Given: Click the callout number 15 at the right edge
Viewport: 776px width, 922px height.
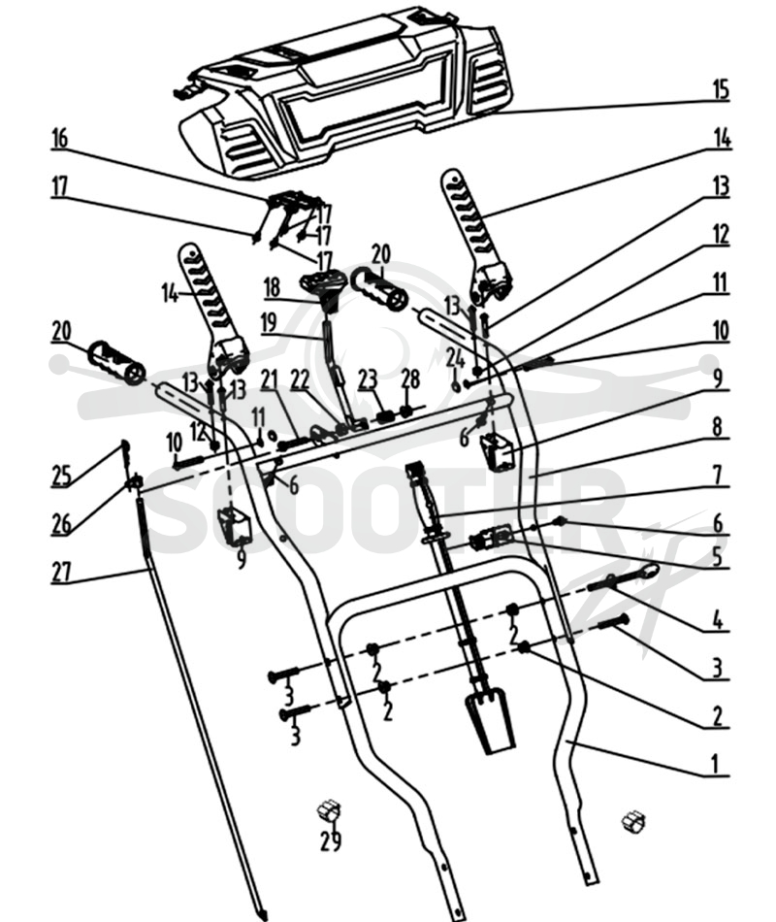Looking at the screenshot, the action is point(721,90).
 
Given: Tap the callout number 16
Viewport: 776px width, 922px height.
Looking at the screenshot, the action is point(60,139).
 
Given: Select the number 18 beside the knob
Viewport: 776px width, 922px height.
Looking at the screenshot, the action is point(272,288).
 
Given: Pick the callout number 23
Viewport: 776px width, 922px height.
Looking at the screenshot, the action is point(368,379).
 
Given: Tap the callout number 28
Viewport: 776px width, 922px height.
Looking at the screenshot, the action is point(410,379).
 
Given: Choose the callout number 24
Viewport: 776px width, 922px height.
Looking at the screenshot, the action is point(455,357).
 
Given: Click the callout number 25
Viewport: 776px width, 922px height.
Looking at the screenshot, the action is point(61,476).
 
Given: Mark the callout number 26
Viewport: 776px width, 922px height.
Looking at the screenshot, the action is point(62,524).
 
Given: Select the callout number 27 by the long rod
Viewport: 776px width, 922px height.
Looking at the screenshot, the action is point(61,573).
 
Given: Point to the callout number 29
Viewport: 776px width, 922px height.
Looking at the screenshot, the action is point(331,841).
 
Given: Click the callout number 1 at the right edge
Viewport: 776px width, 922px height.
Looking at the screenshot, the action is point(715,765).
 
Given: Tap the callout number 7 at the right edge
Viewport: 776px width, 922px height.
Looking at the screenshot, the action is point(717,475).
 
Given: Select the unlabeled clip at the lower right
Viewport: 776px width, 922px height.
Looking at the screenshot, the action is point(633,821).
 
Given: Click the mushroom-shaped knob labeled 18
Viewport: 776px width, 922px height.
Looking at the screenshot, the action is point(321,283).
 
